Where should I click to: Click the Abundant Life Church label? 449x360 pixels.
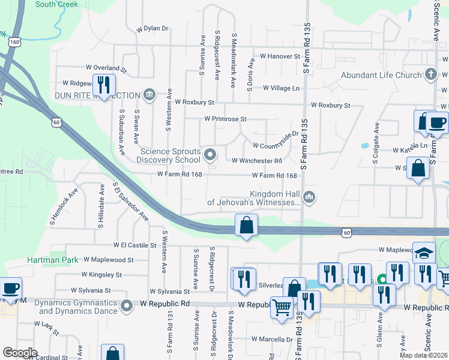coord(381,75)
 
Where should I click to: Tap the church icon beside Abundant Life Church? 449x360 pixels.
coord(430,74)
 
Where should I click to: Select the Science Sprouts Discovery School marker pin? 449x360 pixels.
coord(210,155)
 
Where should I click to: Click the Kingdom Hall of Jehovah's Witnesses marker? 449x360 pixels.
coord(309,196)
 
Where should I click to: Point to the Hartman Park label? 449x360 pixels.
coord(53,260)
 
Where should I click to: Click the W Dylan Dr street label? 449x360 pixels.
coord(153,28)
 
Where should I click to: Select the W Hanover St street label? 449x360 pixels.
coord(279,56)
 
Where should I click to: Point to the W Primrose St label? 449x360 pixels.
coord(225,119)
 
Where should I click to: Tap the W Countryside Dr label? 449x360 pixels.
coord(275,146)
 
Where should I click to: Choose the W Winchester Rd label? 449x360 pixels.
coord(257,161)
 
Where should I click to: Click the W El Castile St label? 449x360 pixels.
coord(134,245)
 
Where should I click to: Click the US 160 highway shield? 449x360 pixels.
coord(14,42)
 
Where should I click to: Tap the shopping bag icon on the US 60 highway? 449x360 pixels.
coord(246,226)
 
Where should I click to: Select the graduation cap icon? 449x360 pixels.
coord(424,253)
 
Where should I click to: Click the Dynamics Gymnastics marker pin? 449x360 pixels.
coord(127,307)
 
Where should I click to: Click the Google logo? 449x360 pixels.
coord(20,352)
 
